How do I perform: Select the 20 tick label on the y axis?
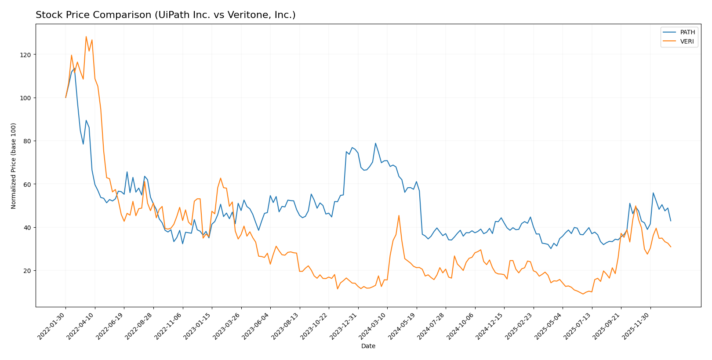click(28, 271)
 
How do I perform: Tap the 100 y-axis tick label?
click(26, 98)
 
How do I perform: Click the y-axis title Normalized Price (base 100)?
click(14, 166)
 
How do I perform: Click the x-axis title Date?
click(368, 346)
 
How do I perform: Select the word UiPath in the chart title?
click(169, 15)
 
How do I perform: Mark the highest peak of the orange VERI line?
click(86, 36)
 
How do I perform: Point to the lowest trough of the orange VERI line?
click(583, 294)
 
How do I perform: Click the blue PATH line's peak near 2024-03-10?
click(375, 143)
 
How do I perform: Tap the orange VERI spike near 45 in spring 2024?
click(399, 215)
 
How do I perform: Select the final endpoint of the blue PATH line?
click(671, 221)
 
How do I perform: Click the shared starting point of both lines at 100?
click(66, 98)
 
